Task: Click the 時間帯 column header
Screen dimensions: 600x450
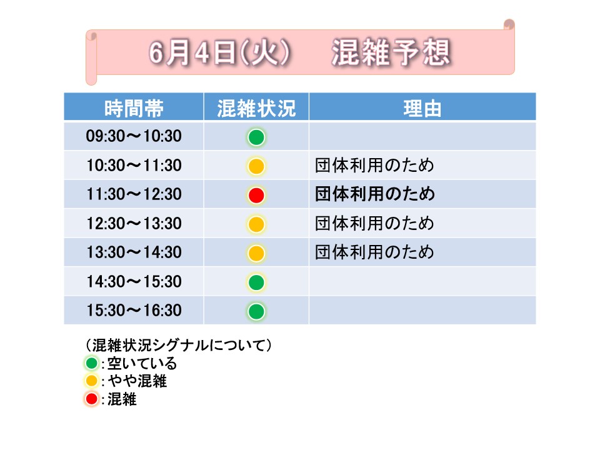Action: click(134, 108)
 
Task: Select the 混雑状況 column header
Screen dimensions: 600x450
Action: click(256, 108)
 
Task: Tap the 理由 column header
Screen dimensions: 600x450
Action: click(422, 108)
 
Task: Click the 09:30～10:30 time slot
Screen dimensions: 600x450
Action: click(134, 136)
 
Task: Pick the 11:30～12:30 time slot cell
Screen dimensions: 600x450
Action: click(134, 194)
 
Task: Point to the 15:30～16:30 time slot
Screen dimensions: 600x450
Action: click(134, 311)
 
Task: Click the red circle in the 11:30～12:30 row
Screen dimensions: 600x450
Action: click(256, 195)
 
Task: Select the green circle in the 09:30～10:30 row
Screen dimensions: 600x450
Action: click(256, 137)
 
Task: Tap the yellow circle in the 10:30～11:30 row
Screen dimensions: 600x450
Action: click(256, 166)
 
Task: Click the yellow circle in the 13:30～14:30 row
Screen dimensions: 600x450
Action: click(256, 253)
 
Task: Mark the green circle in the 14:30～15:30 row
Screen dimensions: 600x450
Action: click(256, 282)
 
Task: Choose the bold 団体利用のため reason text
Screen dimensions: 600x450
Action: click(375, 194)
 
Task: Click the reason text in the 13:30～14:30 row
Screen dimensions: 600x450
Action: click(374, 252)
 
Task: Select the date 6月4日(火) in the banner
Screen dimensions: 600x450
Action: click(219, 52)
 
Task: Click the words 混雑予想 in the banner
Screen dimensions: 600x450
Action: click(391, 52)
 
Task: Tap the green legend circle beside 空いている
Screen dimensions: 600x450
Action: click(91, 362)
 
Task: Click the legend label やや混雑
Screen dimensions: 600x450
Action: click(137, 381)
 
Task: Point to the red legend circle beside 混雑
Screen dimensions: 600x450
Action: click(91, 399)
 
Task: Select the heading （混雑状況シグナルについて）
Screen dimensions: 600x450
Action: click(178, 345)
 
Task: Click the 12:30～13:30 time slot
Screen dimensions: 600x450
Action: click(134, 224)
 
